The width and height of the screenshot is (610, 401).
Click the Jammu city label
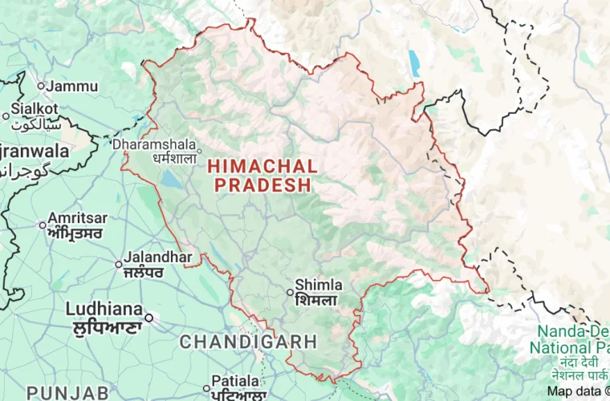pos(72,87)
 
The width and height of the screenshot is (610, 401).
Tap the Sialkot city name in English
pos(35,108)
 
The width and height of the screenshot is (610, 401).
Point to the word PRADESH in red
pos(262,185)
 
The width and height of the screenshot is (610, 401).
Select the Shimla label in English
pos(319,285)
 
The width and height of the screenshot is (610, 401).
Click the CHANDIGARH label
pos(248,342)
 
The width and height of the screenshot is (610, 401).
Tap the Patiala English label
pos(235,380)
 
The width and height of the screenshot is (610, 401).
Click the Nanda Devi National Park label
pos(574,339)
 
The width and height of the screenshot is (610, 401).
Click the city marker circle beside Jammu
pos(41,86)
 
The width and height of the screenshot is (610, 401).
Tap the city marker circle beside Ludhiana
pos(148,317)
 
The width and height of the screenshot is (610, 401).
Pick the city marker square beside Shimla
pos(291,293)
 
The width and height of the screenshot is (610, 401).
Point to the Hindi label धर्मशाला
pos(174,158)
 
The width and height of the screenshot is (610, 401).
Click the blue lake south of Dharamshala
pos(171,180)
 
